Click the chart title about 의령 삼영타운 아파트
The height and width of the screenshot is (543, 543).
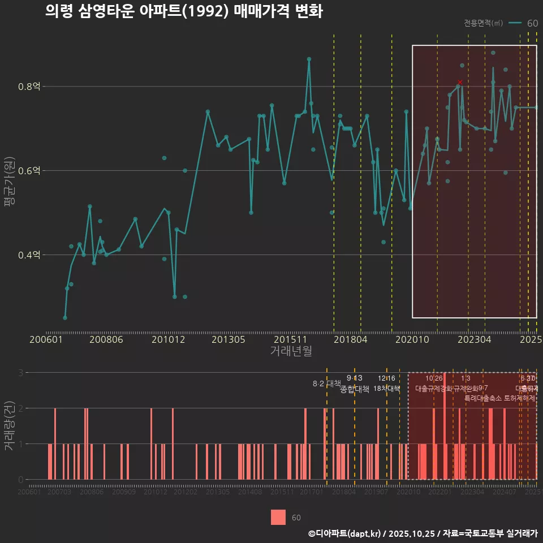pos(184,12)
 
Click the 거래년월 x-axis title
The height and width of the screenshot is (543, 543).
pos(291,351)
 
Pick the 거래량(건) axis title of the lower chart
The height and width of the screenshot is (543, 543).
pos(8,425)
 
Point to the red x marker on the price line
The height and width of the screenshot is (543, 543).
pos(460,82)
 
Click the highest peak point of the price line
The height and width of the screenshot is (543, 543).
pos(309,59)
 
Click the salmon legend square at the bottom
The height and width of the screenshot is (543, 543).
pos(278,518)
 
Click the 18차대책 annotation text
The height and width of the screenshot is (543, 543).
pos(387,389)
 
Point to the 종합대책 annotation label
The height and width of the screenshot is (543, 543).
pos(355,389)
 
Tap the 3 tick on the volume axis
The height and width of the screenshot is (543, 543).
pos(21,373)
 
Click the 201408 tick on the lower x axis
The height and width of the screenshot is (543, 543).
pos(249,493)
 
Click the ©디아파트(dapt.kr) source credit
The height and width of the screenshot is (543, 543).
pos(344,533)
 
